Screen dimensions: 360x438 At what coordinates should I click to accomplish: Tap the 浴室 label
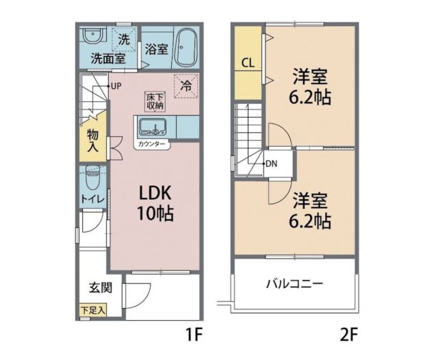pos(157,49)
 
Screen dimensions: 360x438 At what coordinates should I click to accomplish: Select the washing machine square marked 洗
pos(123,39)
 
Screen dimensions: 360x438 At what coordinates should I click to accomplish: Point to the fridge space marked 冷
pos(185,86)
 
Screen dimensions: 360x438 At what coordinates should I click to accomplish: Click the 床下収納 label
pos(154,101)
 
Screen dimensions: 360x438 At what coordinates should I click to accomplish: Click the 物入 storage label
pos(92,140)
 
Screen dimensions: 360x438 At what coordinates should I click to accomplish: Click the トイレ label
pos(92,198)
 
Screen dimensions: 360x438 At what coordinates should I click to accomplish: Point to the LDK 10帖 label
pos(154,203)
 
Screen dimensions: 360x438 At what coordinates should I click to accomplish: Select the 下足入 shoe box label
pos(92,310)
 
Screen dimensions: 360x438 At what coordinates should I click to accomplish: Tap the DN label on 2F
pos(271,164)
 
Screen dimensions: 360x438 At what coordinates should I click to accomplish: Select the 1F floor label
pos(194,335)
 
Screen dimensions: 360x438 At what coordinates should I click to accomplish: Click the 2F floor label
pos(348,335)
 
